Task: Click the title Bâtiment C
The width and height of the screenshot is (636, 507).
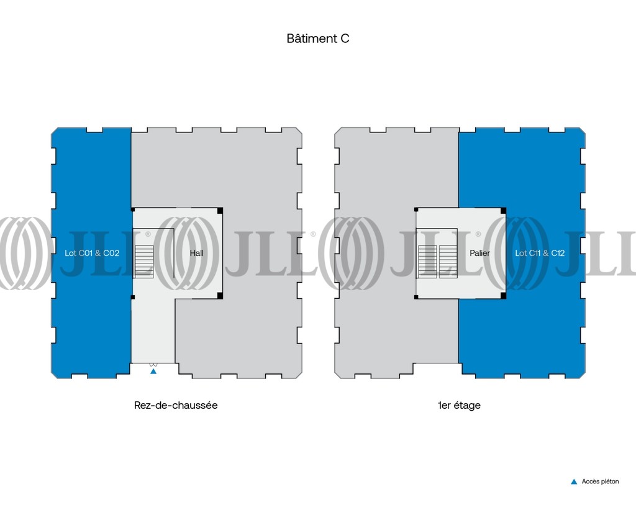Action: pos(317,39)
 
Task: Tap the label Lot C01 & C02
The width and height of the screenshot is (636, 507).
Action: pos(92,253)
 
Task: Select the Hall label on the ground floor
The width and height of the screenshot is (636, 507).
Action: pos(197,253)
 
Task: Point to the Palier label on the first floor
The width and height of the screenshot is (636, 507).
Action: pos(480,253)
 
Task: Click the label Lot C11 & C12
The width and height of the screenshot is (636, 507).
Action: pos(540,253)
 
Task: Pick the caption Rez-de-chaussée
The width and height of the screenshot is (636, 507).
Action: pos(176,405)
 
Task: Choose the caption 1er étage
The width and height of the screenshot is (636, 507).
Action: pos(459,405)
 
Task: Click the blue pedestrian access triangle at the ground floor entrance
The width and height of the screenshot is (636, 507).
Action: pos(153,371)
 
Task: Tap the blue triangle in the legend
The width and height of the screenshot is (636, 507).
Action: pos(574,482)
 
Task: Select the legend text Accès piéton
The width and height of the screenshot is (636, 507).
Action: pos(601,482)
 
